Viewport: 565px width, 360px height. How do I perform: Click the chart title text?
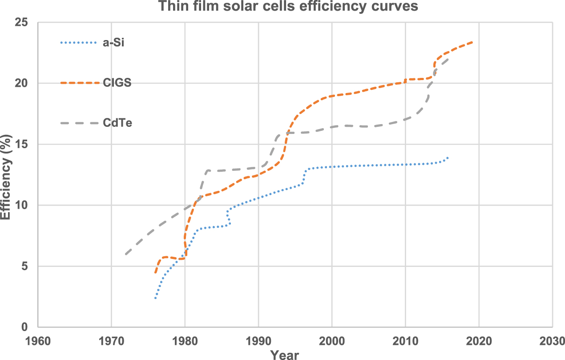(x=283, y=6)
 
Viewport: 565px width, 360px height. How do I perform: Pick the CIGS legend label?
(x=118, y=83)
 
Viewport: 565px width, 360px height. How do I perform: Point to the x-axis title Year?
(x=285, y=355)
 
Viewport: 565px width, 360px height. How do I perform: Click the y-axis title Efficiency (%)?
(x=6, y=177)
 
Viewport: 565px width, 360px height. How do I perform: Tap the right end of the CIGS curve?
(x=472, y=42)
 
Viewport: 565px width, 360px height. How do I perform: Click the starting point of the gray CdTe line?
(x=126, y=254)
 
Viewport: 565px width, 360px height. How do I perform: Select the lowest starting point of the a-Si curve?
(x=155, y=298)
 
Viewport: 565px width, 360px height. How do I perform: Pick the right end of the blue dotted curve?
(x=448, y=158)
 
